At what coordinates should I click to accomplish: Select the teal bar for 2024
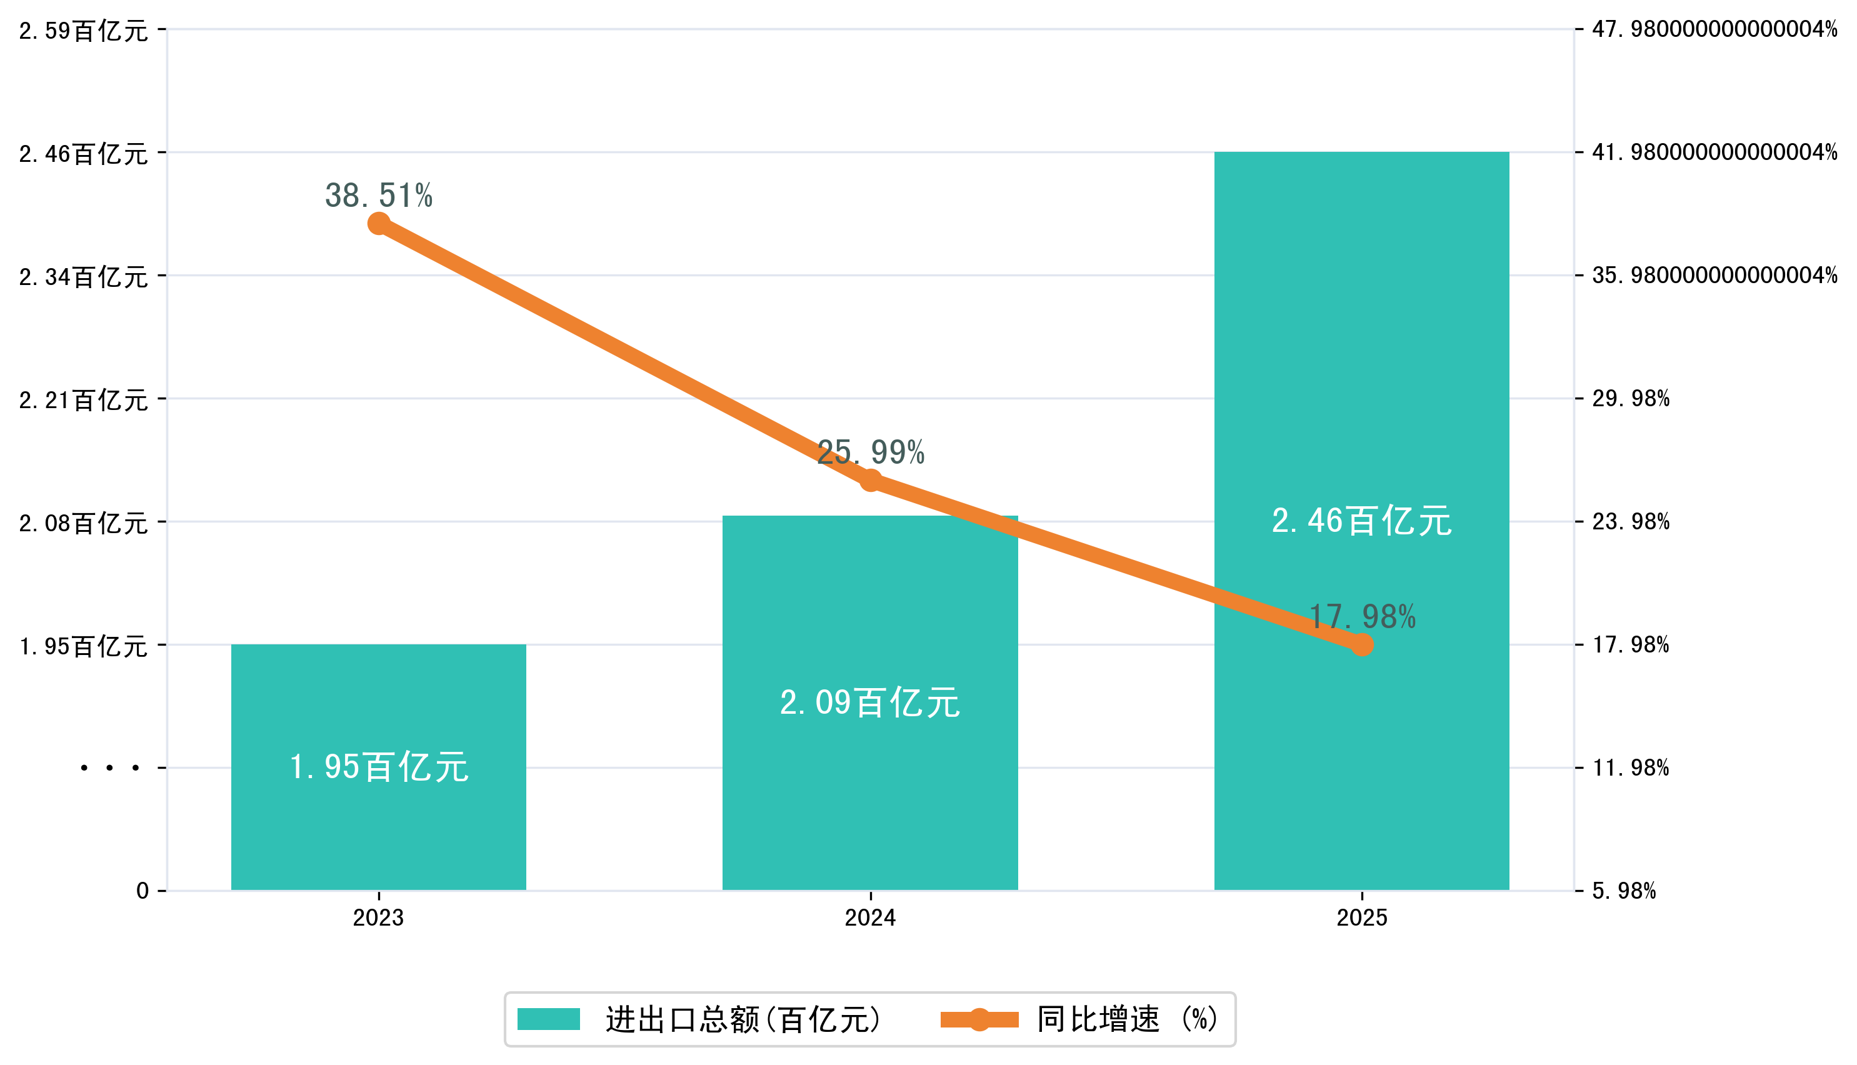click(x=869, y=790)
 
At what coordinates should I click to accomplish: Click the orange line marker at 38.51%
click(x=378, y=223)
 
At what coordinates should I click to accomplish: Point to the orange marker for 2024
click(x=870, y=481)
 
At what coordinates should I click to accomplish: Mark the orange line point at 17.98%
click(x=1362, y=644)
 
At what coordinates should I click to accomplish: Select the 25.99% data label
click(x=870, y=452)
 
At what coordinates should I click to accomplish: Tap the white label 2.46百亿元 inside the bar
click(x=1361, y=521)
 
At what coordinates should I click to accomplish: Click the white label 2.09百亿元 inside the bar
click(x=869, y=702)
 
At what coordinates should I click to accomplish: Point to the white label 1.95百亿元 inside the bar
click(x=378, y=767)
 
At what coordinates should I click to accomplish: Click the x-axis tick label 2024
click(x=869, y=917)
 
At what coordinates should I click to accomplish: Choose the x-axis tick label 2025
click(x=1361, y=917)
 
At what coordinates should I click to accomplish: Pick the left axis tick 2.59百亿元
click(x=83, y=31)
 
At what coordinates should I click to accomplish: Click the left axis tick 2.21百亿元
click(x=83, y=400)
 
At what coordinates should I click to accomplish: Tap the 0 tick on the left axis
click(x=143, y=891)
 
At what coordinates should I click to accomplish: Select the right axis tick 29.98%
click(x=1630, y=399)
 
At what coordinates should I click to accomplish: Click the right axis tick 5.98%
click(x=1624, y=891)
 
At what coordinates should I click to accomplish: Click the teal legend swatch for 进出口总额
click(x=549, y=1019)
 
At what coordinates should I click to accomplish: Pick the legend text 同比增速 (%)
click(x=1126, y=1019)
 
